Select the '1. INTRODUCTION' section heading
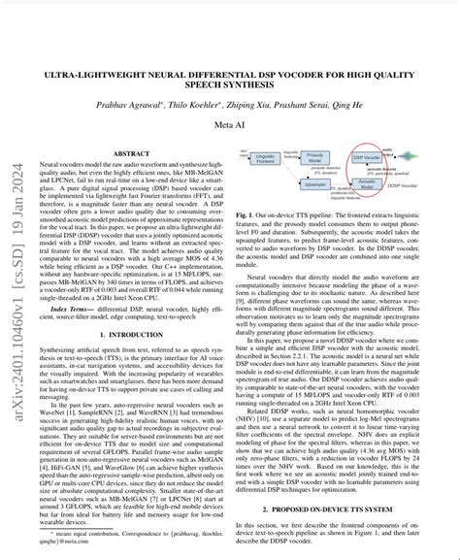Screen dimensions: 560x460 point(133,308)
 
